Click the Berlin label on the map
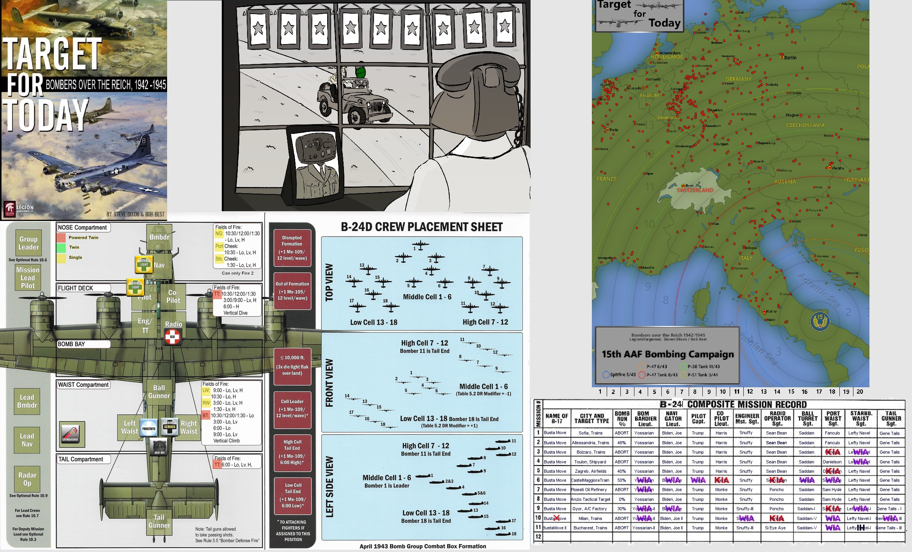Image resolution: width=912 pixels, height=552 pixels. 790,57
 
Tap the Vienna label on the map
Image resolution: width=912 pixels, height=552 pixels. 837,168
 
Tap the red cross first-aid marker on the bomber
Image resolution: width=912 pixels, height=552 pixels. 172,337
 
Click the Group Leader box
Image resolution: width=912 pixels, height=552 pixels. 28,243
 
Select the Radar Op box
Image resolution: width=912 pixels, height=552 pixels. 27,479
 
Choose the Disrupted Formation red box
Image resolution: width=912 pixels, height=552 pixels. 292,248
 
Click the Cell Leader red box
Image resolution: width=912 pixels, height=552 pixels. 292,408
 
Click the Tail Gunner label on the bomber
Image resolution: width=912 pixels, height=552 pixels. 159,521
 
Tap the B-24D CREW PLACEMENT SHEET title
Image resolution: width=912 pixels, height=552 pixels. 422,227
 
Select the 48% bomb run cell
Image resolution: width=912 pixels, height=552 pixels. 622,443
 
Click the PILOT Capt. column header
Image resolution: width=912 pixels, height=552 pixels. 698,418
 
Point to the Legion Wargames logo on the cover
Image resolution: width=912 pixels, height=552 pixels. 18,209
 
